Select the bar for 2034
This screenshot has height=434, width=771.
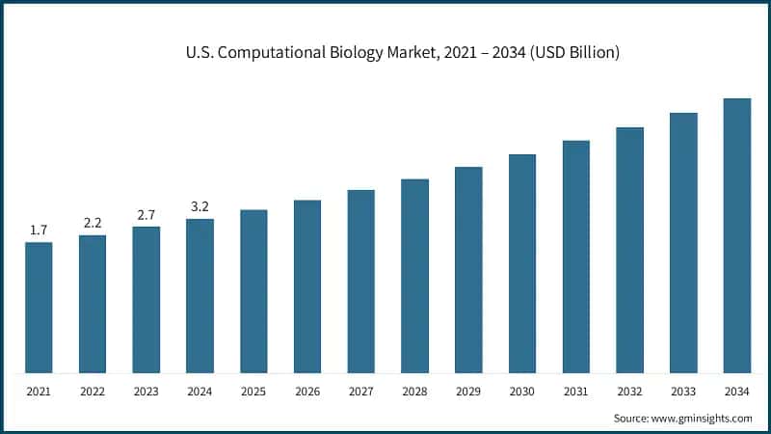coord(737,235)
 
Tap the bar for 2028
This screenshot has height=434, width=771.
coord(414,276)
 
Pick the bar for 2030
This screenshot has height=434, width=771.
coord(522,263)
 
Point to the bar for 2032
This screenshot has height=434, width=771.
coord(629,250)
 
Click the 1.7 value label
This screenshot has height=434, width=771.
coord(39,230)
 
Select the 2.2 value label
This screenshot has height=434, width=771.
coord(93,223)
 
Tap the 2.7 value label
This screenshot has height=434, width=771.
coord(146,214)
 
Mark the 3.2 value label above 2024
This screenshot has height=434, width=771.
coord(199,206)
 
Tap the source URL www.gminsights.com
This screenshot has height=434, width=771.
coord(703,418)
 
